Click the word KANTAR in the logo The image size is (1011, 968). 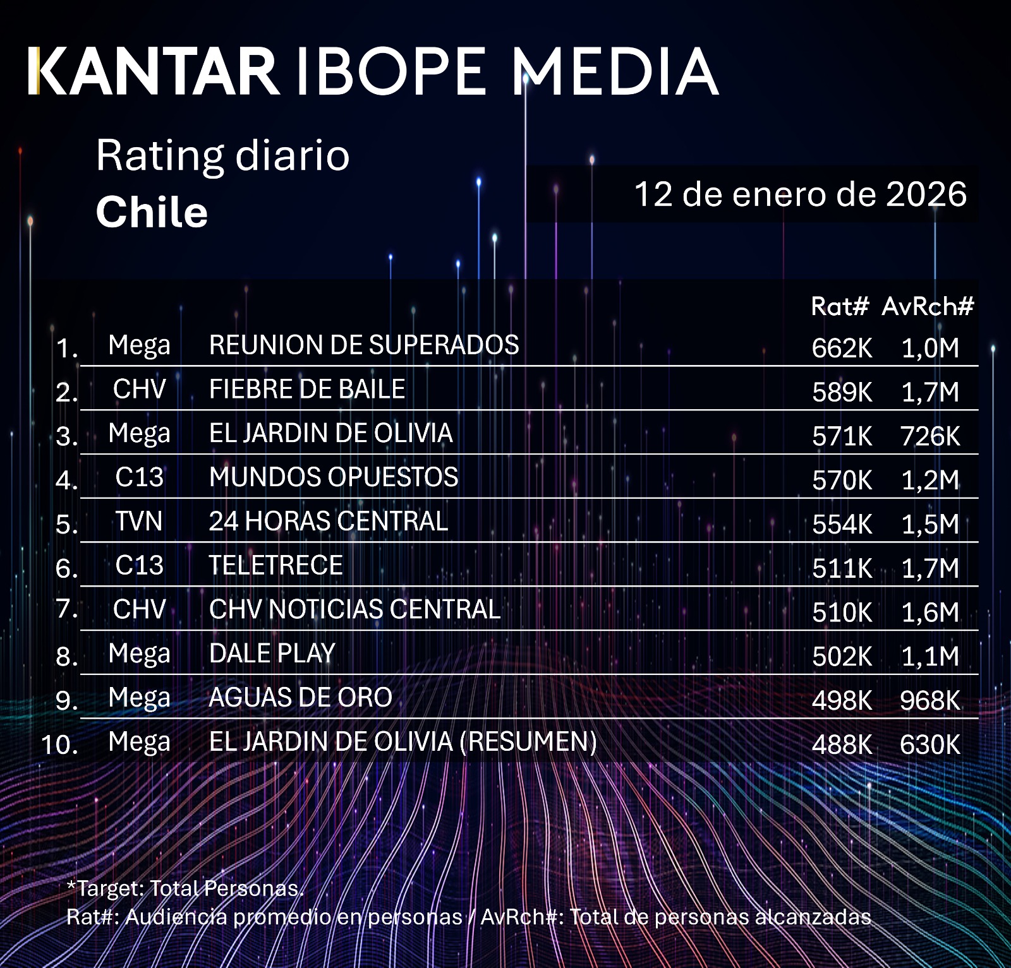154,71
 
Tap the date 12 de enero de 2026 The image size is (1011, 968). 800,194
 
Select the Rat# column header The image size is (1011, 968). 840,306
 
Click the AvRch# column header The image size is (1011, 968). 928,306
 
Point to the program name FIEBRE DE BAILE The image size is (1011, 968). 307,389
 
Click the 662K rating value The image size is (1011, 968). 842,348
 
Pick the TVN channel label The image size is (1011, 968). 139,522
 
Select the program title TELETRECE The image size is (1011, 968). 276,565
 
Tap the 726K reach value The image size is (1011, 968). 929,436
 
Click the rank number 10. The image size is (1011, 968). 59,744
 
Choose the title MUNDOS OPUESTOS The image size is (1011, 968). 334,477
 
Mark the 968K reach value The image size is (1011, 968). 929,701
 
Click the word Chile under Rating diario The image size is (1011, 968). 152,212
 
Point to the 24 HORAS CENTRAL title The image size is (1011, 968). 329,522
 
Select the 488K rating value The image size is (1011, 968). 842,745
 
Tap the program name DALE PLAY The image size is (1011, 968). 272,654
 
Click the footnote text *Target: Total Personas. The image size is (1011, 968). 185,888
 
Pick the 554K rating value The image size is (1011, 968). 842,525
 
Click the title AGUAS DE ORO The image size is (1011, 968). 301,698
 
